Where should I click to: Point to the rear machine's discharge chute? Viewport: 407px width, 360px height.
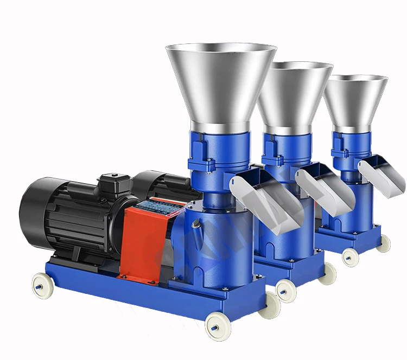point(382,173)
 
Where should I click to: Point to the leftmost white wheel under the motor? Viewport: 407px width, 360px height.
point(40,284)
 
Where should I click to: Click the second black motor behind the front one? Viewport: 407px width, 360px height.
point(163,184)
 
